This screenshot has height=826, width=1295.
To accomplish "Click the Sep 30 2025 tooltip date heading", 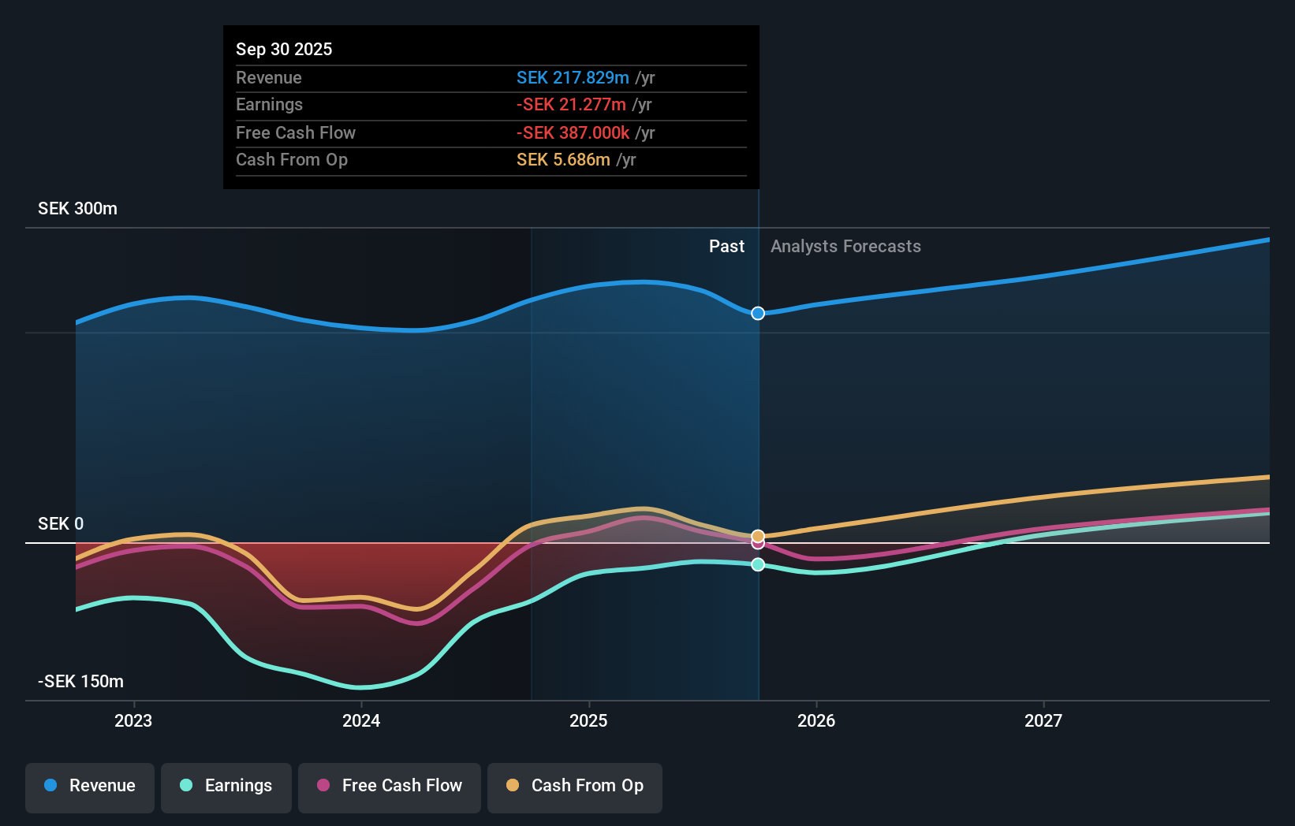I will (284, 49).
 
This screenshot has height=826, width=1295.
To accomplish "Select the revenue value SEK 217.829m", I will (573, 77).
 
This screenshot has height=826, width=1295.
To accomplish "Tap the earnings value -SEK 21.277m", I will (571, 104).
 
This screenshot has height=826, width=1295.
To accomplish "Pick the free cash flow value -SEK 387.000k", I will (573, 132).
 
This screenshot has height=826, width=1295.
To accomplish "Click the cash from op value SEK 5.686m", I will (563, 159).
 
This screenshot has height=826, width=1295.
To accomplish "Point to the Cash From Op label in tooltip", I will (292, 159).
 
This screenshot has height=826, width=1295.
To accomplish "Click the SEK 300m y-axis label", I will (77, 208).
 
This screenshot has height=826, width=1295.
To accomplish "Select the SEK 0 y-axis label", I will (61, 523).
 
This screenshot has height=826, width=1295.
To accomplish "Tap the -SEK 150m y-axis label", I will (80, 681).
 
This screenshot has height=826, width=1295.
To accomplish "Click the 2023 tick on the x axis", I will (133, 720).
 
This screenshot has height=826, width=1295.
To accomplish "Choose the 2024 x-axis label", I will (361, 720).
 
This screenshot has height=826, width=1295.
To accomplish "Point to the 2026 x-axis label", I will (816, 720).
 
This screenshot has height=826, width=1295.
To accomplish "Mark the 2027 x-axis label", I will (1043, 720).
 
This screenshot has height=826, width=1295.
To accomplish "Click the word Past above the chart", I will (726, 246).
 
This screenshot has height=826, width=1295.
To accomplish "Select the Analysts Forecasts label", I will (845, 246).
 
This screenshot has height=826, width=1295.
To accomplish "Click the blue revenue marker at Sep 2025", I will (758, 313).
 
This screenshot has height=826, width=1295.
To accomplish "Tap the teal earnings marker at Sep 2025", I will (758, 564).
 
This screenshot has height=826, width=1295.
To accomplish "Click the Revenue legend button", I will (90, 786).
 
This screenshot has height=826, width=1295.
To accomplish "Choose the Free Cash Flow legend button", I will (390, 786).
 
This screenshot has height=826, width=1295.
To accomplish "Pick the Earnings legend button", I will (226, 786).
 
